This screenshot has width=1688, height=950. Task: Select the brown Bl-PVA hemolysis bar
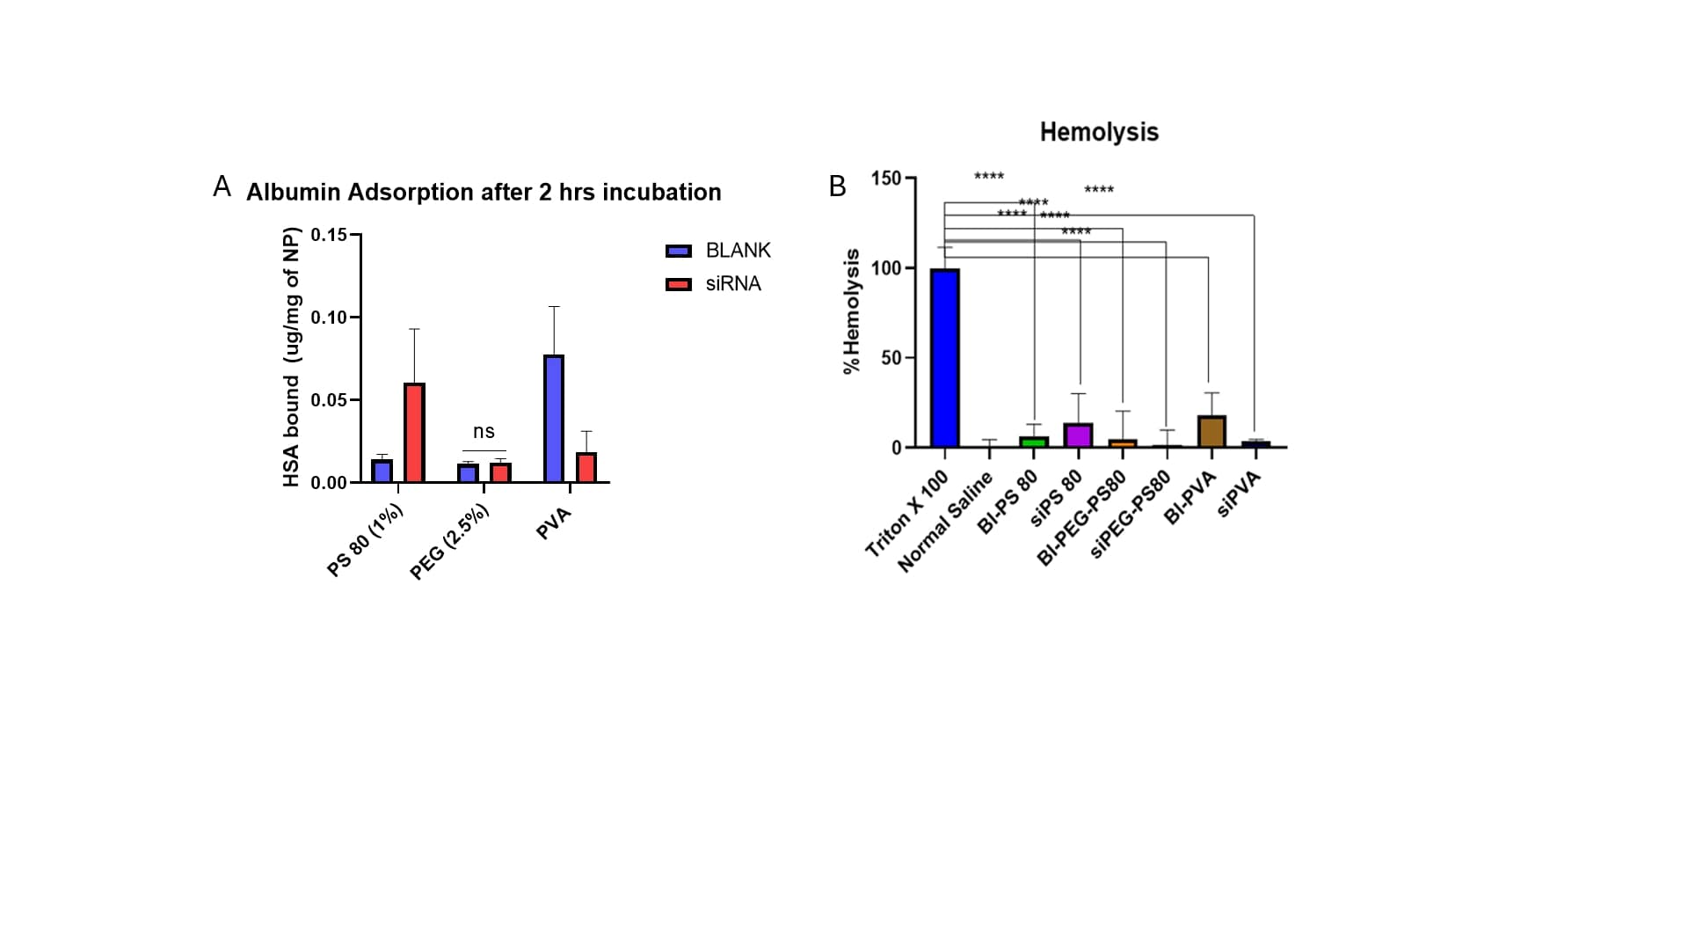[x=1211, y=432]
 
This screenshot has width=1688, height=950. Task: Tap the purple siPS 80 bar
[x=1078, y=435]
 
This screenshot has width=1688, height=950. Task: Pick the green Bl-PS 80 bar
[x=1034, y=442]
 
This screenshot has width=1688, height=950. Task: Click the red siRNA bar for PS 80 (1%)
[x=414, y=433]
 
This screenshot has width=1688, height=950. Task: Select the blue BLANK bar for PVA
[x=554, y=419]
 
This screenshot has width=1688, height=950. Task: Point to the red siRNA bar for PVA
[x=586, y=467]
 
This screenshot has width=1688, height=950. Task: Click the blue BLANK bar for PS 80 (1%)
[x=382, y=471]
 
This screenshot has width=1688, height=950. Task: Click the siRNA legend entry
[x=714, y=284]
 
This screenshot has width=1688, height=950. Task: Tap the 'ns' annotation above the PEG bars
[x=484, y=432]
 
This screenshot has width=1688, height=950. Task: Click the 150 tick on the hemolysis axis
[x=885, y=179]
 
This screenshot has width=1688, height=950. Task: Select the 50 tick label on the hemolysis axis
[x=891, y=358]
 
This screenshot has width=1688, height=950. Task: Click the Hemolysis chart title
[x=1099, y=132]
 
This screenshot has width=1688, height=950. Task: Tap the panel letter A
[x=222, y=186]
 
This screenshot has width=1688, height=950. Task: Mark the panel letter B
[x=837, y=186]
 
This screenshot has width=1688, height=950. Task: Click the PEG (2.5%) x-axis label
[x=449, y=544]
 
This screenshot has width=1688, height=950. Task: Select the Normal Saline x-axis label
[x=945, y=522]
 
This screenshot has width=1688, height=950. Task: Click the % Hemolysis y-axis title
[x=851, y=311]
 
